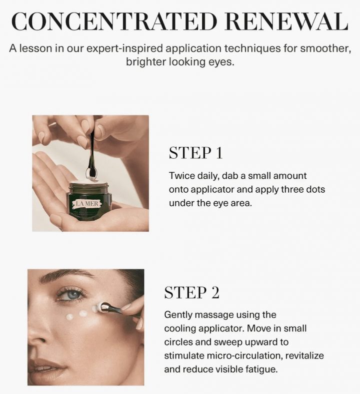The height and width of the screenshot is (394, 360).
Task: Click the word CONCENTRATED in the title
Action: [x=113, y=21]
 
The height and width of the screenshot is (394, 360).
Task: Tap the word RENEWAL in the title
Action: [x=287, y=21]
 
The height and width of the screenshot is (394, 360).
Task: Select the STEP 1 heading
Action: [x=195, y=153]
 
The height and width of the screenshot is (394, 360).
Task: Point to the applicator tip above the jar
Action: [x=91, y=173]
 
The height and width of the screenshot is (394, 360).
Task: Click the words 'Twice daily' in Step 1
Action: [x=189, y=176]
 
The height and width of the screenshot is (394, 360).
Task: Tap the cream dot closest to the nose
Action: [x=70, y=317]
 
